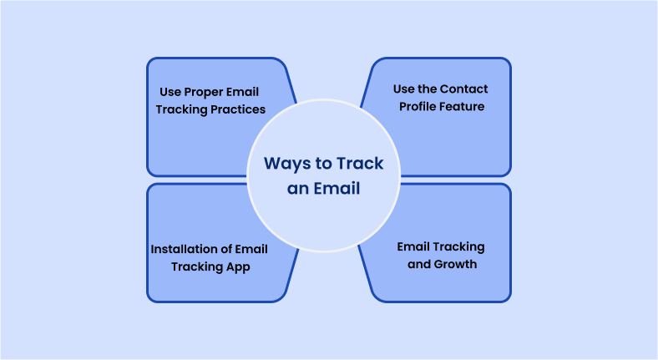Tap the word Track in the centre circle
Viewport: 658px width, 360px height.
tap(360, 163)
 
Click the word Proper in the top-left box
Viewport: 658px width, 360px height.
tap(205, 93)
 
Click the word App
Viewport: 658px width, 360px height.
tap(238, 267)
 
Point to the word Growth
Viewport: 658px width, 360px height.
tap(455, 264)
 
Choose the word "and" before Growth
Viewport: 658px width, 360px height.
tap(419, 264)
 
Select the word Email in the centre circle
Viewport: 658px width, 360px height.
tap(337, 189)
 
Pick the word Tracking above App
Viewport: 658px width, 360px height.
tap(197, 267)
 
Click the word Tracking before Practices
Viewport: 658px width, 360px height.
tap(181, 110)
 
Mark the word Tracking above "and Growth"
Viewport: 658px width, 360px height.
tap(458, 247)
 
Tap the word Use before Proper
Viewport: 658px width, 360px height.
tap(170, 92)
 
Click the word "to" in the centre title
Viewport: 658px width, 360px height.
tap(323, 164)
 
